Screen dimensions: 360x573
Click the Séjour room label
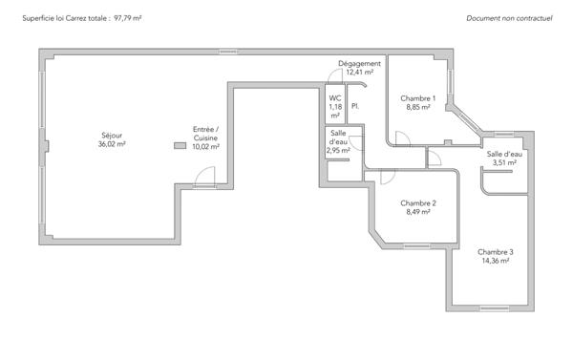coord(111,136)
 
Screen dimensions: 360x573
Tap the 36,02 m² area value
coord(111,145)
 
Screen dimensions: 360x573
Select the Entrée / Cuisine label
coord(205,129)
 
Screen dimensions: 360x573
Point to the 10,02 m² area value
coord(205,147)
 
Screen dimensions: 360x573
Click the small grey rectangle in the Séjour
coord(179,146)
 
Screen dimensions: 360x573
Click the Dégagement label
coord(359,64)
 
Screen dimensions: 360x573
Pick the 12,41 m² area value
coord(359,73)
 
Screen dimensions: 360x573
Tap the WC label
coord(335,98)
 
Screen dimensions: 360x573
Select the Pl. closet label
coord(354,106)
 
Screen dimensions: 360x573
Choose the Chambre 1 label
coord(417,98)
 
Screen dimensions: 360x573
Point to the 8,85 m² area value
coord(417,108)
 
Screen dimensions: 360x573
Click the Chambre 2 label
coord(418,203)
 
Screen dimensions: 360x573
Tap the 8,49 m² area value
coord(418,213)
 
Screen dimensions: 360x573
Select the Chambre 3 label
coord(496,251)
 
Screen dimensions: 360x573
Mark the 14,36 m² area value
coord(496,261)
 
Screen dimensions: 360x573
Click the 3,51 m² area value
coord(504,163)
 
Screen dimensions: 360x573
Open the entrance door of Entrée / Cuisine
coord(204,178)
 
